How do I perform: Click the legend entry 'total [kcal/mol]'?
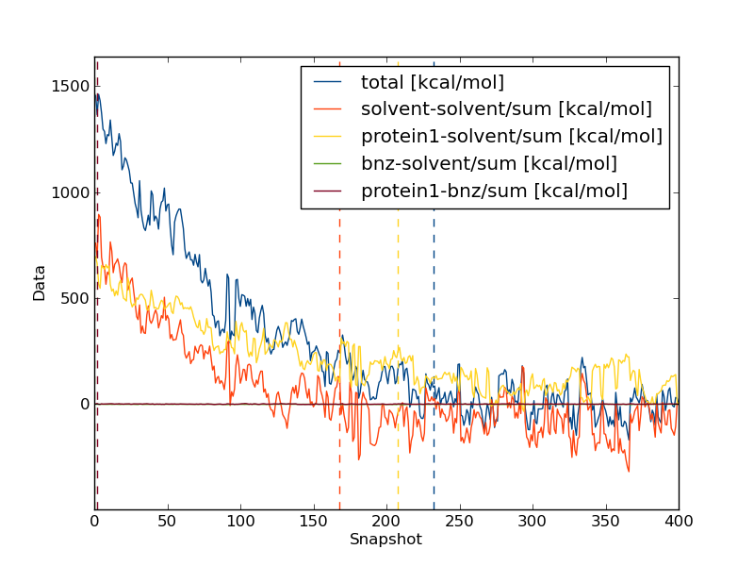tap(432, 82)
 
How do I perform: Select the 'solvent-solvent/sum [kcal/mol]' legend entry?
tap(506, 109)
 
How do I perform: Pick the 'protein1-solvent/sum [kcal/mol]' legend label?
tap(511, 137)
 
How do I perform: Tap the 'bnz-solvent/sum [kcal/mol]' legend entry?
tap(488, 164)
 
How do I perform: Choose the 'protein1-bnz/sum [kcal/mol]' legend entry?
tap(494, 191)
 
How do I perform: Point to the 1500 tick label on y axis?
tap(72, 87)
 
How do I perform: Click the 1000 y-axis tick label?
tap(72, 192)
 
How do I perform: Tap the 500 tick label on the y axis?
tap(75, 299)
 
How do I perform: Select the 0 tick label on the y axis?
tap(83, 405)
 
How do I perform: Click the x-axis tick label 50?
tap(168, 521)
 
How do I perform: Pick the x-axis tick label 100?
tap(240, 521)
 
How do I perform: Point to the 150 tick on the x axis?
tap(314, 521)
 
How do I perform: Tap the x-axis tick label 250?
tap(459, 521)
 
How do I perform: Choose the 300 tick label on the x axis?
tap(533, 521)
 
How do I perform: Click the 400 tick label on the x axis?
tap(678, 521)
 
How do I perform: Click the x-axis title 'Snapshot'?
tap(385, 540)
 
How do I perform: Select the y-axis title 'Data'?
tap(40, 283)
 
